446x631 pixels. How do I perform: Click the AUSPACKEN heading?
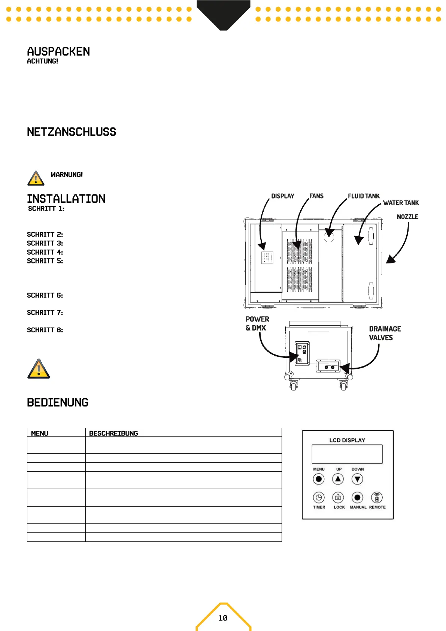click(58, 52)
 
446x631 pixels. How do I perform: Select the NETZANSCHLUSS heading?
click(72, 132)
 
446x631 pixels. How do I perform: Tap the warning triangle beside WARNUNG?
click(36, 178)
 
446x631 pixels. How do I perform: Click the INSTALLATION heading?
click(66, 199)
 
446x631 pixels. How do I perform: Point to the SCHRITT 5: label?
click(45, 261)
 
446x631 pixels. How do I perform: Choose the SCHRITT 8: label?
click(45, 330)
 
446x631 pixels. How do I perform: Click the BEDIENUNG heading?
click(58, 402)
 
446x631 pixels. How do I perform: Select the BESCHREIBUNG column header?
click(113, 433)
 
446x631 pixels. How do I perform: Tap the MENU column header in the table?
click(40, 433)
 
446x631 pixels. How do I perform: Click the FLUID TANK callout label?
click(364, 196)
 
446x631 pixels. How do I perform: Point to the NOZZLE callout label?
click(407, 217)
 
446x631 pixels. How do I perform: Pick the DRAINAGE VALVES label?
click(385, 333)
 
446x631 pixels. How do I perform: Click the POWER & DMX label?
click(257, 323)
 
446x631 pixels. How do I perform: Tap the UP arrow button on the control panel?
click(338, 479)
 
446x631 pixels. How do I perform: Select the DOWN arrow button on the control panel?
click(358, 479)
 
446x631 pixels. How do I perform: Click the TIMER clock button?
click(319, 497)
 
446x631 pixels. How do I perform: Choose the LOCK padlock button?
click(338, 497)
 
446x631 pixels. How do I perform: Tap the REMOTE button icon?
click(377, 497)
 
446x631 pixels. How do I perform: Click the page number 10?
click(223, 618)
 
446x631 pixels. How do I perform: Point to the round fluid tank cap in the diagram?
click(329, 236)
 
